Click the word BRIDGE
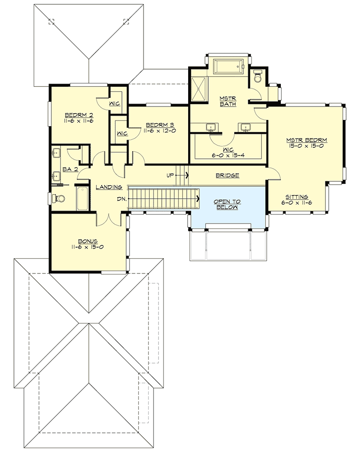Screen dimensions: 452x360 (x=227, y=176)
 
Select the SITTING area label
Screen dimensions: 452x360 (x=297, y=197)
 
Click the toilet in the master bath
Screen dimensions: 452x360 (x=258, y=76)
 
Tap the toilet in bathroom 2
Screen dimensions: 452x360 (x=59, y=198)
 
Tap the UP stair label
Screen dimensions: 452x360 (x=170, y=175)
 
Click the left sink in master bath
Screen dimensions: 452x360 (x=210, y=127)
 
